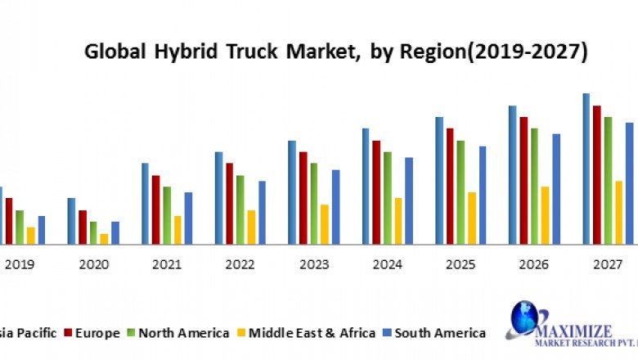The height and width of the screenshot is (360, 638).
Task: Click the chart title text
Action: pyautogui.click(x=336, y=53)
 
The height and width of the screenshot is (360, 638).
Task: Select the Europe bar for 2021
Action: pyautogui.click(x=156, y=209)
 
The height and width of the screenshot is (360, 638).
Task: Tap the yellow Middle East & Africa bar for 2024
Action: pyautogui.click(x=398, y=221)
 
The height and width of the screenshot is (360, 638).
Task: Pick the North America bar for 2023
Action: pyautogui.click(x=314, y=203)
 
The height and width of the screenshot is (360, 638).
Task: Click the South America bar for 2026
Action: pyautogui.click(x=556, y=189)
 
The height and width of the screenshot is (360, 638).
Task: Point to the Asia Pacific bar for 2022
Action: pyautogui.click(x=219, y=197)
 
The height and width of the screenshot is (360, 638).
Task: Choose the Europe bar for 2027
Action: pyautogui.click(x=597, y=174)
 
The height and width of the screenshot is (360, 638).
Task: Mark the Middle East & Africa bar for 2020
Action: pyautogui.click(x=104, y=239)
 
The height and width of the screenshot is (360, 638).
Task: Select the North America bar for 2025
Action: pyautogui.click(x=461, y=192)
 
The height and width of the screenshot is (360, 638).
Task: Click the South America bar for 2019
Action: pyautogui.click(x=42, y=230)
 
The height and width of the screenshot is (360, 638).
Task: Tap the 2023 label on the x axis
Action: pyautogui.click(x=314, y=264)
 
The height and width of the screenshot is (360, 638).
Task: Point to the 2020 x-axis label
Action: pyautogui.click(x=93, y=264)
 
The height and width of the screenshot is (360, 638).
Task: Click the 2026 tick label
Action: pyautogui.click(x=535, y=264)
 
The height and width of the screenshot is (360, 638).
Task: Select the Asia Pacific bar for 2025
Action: pyautogui.click(x=439, y=180)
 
